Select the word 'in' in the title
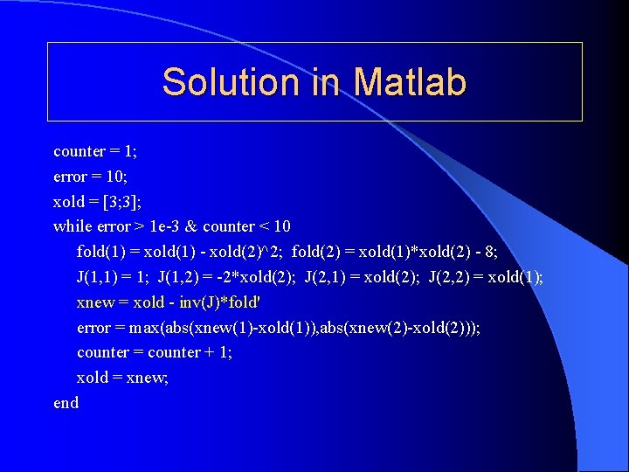pyautogui.click(x=325, y=82)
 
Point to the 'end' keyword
pyautogui.click(x=66, y=403)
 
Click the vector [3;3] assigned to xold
pyautogui.click(x=119, y=201)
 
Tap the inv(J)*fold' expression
pyautogui.click(x=227, y=302)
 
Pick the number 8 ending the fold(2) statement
pyautogui.click(x=490, y=252)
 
